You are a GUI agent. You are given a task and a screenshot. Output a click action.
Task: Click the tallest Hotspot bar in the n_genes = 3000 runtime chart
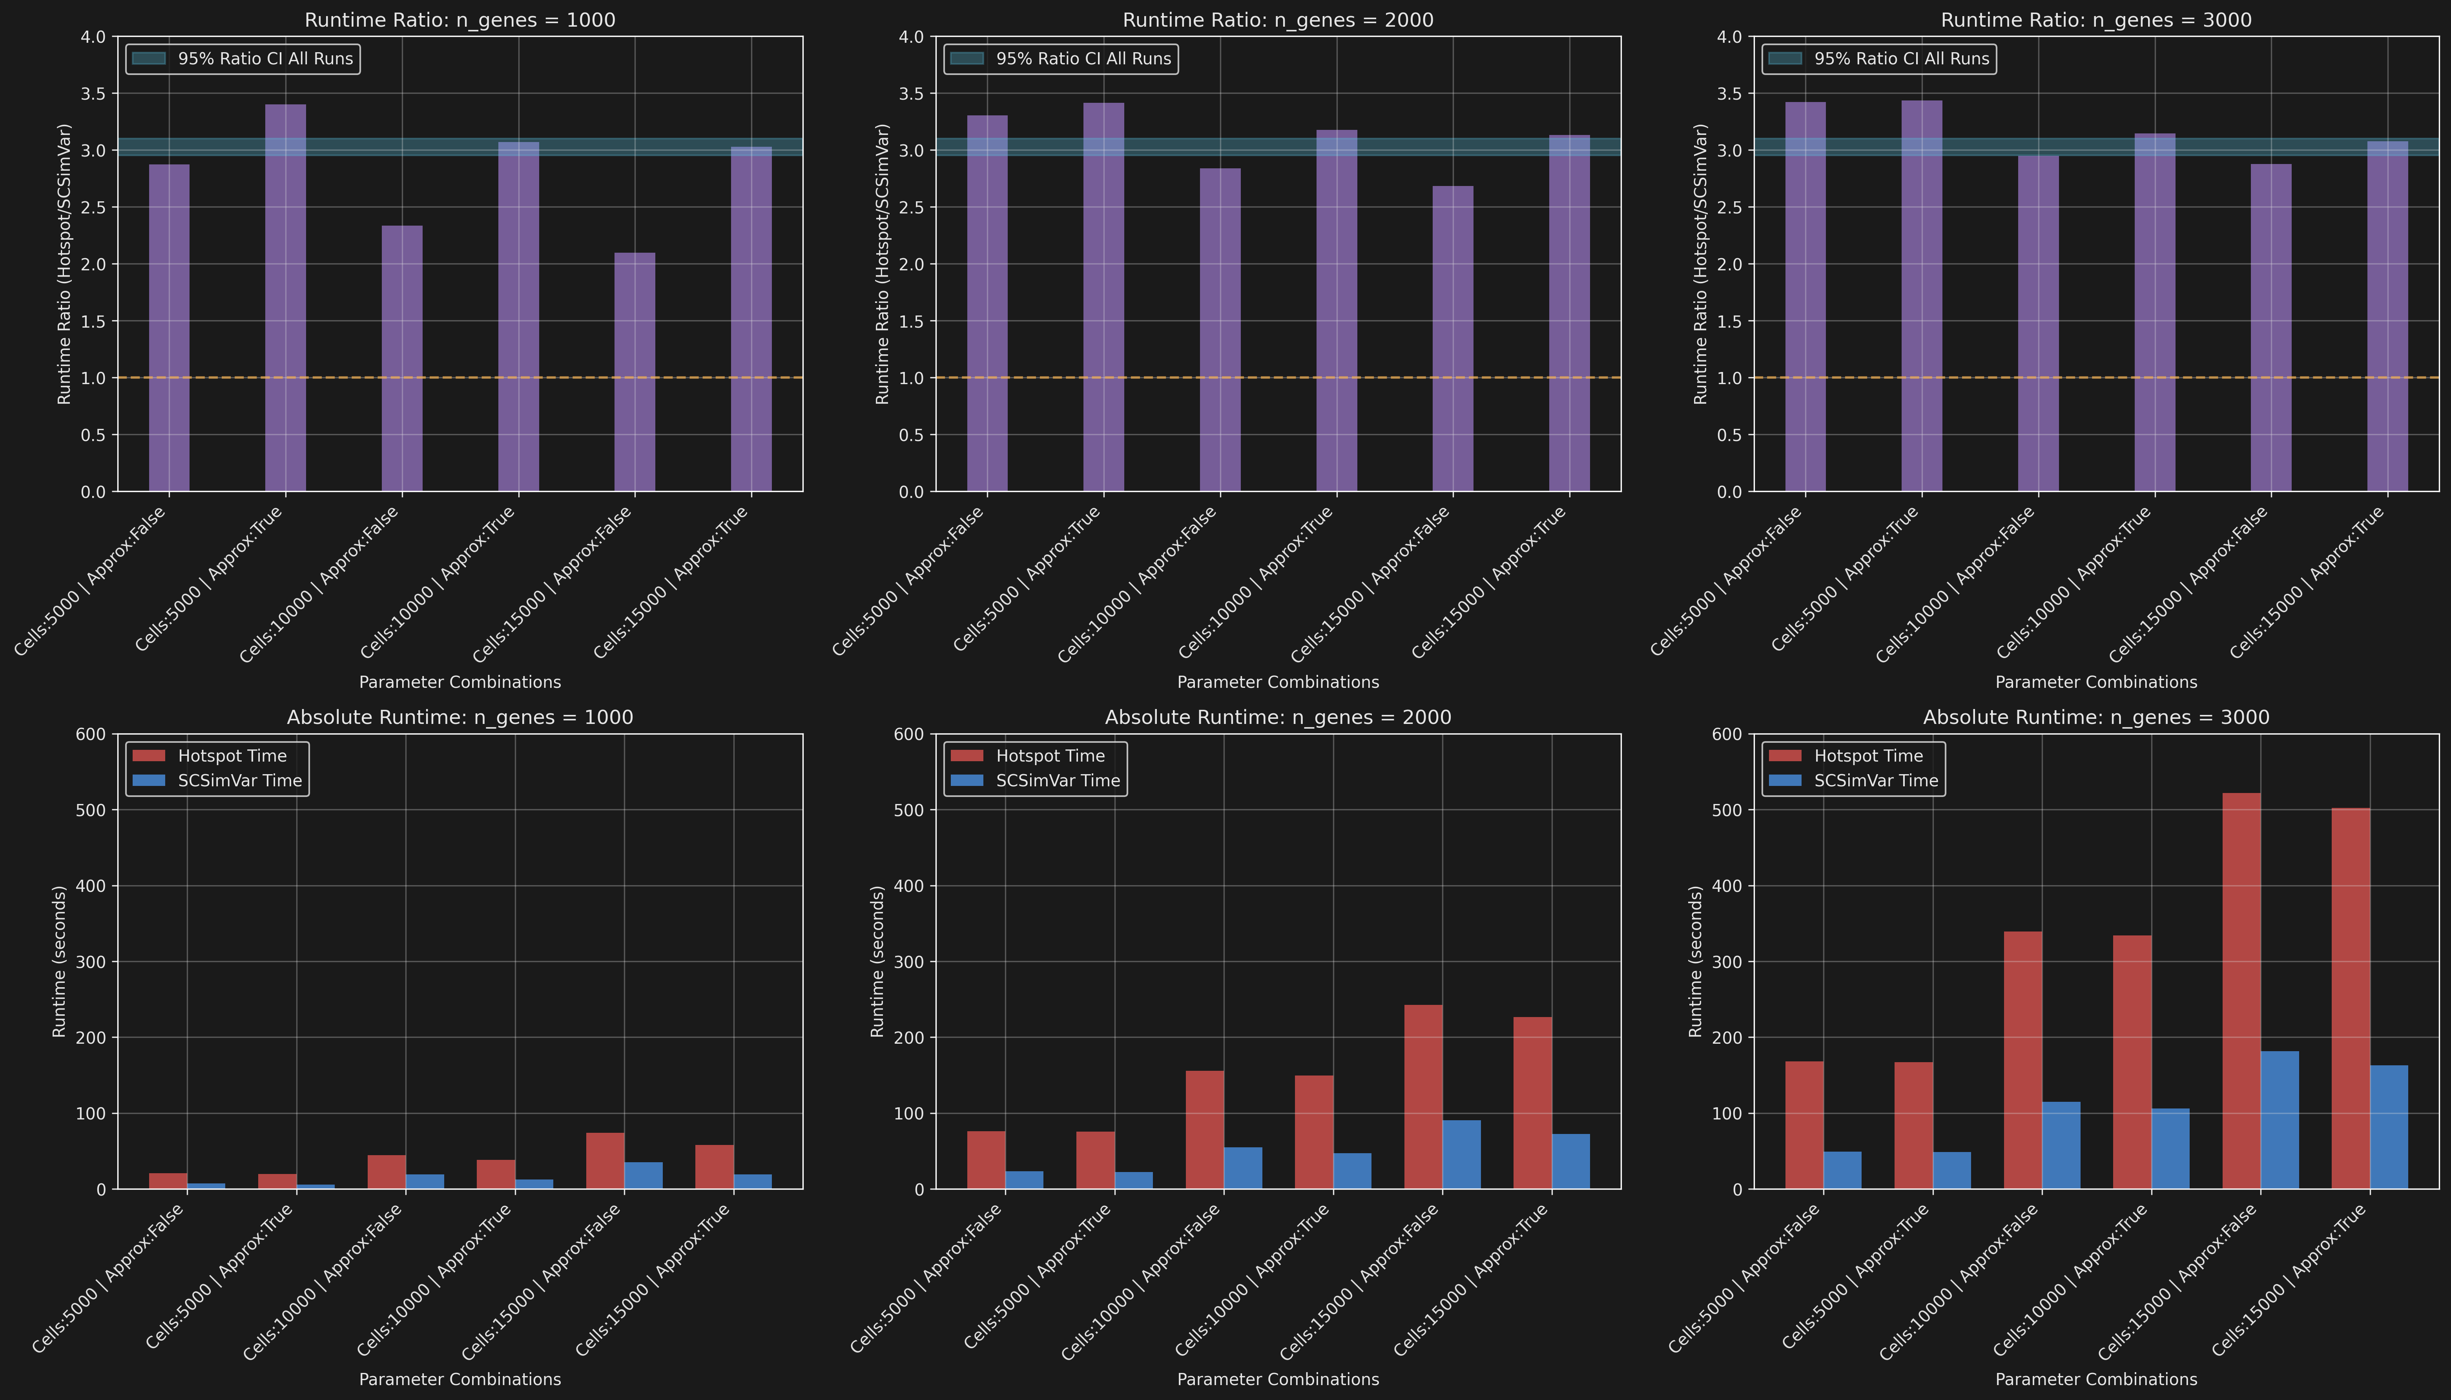coord(2241,990)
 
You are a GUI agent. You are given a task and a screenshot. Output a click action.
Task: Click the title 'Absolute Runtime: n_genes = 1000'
coord(460,717)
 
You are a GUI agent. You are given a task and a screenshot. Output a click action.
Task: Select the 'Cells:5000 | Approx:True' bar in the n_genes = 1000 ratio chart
coord(286,298)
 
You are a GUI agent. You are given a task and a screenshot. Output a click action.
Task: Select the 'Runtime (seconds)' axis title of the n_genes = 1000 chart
coord(60,962)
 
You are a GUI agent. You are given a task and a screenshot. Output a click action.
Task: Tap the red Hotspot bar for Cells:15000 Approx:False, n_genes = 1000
coord(605,1161)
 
